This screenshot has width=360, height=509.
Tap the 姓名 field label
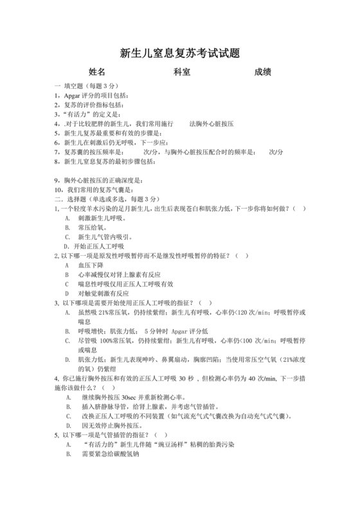pos(97,72)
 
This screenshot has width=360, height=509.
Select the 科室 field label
pos(182,72)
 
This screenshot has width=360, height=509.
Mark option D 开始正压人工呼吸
pos(96,246)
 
